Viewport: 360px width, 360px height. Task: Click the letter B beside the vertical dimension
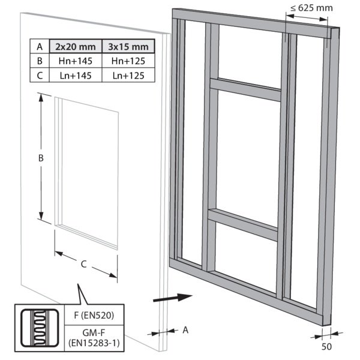(x=40, y=158)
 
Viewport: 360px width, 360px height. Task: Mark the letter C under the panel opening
(x=84, y=262)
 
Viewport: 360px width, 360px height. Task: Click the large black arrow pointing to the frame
(x=172, y=296)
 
